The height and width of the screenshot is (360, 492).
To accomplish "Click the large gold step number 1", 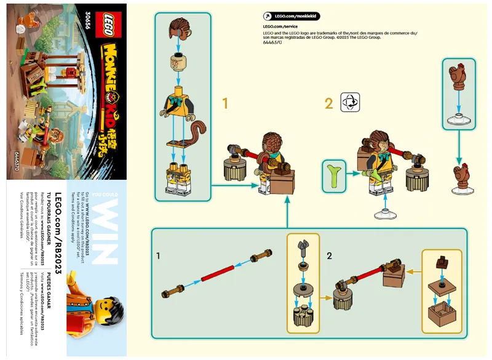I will click(224, 103).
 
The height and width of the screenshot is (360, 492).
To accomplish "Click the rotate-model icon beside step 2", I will click(350, 102).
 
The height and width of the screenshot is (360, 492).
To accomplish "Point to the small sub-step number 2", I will click(329, 254).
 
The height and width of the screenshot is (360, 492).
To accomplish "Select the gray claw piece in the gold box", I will click(302, 247).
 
